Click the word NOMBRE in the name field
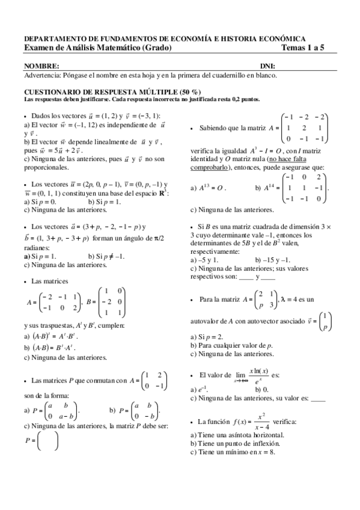click(x=41, y=66)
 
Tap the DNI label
click(x=267, y=66)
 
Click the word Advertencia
click(x=44, y=76)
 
